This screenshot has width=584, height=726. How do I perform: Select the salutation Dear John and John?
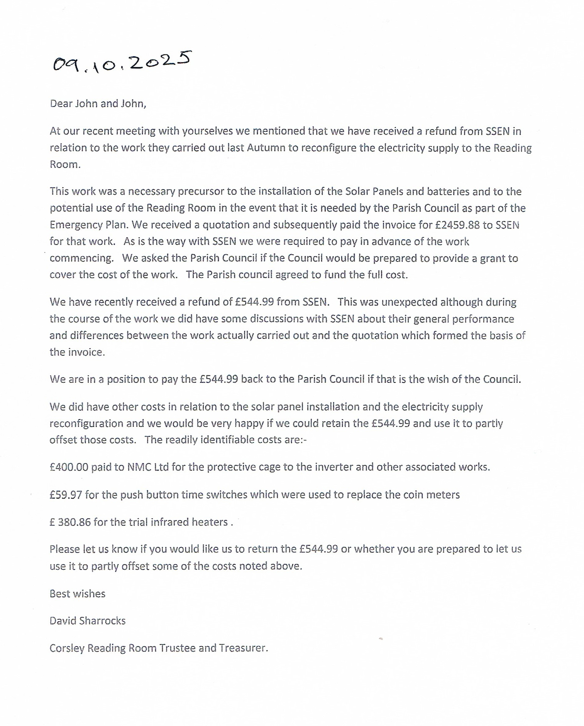click(98, 104)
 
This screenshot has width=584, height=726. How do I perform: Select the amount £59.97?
click(66, 495)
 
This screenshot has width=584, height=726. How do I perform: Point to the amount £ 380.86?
click(70, 522)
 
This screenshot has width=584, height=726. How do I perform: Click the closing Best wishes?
click(77, 594)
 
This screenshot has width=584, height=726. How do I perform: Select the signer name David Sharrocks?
click(88, 621)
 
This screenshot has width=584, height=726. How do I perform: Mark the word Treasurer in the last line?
click(243, 648)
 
